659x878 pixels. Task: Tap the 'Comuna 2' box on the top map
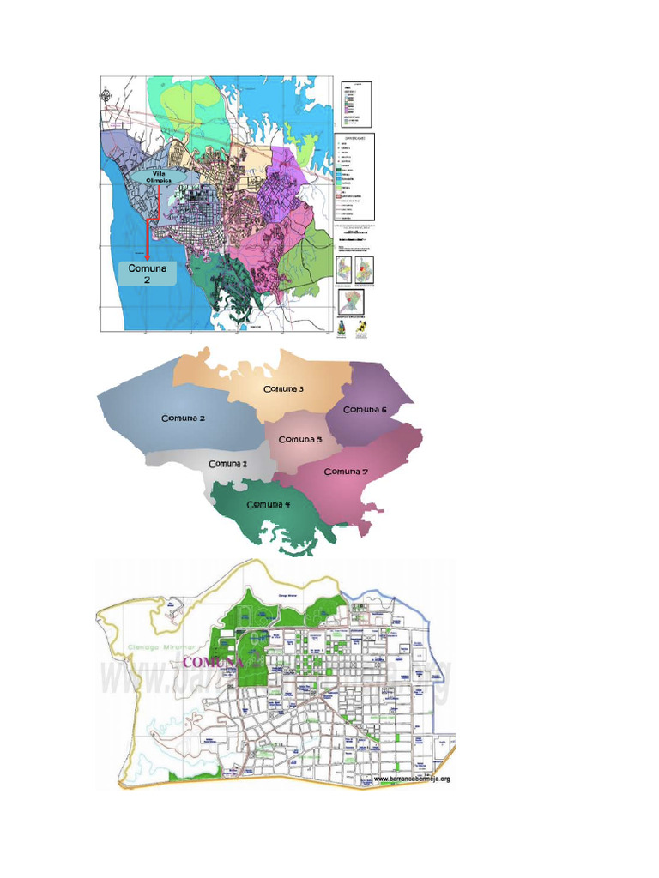click(147, 274)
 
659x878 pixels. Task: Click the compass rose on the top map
click(106, 96)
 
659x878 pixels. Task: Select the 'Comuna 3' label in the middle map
click(284, 389)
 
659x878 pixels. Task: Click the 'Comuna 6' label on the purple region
click(366, 409)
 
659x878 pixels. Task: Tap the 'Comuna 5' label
click(300, 439)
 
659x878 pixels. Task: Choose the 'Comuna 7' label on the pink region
click(347, 472)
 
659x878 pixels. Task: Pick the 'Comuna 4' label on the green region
click(269, 504)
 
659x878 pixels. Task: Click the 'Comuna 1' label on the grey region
click(228, 464)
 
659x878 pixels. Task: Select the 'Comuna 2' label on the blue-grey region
click(183, 418)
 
